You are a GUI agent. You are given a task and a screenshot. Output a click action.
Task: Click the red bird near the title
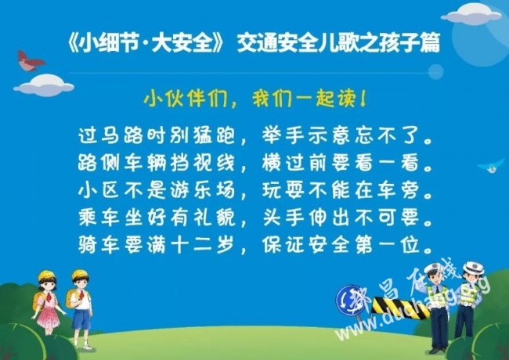click(x=30, y=61)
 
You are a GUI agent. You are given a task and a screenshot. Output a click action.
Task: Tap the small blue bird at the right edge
click(x=491, y=165)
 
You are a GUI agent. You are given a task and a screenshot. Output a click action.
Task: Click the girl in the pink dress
click(x=48, y=302)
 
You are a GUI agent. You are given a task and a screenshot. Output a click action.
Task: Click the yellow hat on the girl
click(x=46, y=275)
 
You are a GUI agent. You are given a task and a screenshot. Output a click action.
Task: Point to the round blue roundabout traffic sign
click(x=350, y=300)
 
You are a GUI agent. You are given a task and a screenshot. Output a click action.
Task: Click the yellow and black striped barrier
click(x=401, y=308)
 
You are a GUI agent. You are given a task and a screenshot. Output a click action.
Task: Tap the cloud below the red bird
click(x=44, y=85)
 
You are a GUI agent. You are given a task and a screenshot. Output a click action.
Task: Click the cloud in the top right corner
click(x=471, y=14)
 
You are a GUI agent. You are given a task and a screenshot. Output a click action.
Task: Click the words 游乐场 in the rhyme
click(x=203, y=190)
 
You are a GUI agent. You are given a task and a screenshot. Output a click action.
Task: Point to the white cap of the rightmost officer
click(x=473, y=268)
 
